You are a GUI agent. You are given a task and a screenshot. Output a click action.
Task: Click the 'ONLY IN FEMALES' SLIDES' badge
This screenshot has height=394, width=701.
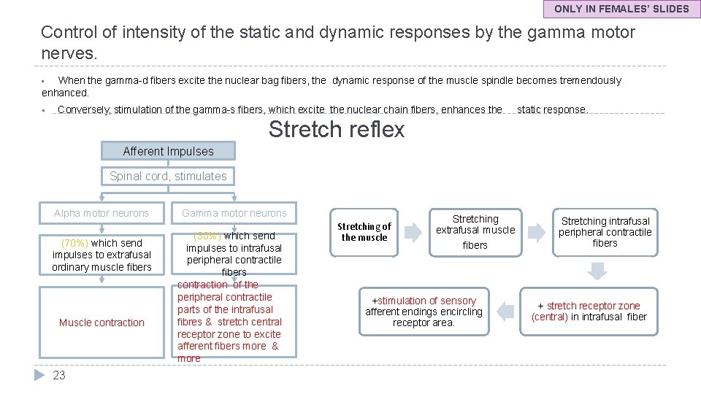point(621,9)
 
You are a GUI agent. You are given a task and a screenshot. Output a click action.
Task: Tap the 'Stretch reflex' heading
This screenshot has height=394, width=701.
point(336,129)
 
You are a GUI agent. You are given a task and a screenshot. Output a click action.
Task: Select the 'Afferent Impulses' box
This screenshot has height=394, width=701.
point(168,151)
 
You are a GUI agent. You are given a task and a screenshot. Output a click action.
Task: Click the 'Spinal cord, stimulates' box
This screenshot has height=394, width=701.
point(168,176)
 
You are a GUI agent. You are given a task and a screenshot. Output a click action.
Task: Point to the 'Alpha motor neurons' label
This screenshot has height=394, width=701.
point(101,213)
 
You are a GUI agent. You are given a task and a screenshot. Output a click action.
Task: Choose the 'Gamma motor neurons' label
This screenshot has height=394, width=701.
point(234,213)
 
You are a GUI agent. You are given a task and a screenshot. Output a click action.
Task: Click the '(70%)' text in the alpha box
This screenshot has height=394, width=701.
point(74,242)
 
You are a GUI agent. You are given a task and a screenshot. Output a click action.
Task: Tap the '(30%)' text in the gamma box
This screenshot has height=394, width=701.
point(207,236)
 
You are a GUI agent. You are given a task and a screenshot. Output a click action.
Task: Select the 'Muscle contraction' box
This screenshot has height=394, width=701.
point(101,322)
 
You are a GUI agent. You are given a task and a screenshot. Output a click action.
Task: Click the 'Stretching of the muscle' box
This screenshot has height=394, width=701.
point(364,232)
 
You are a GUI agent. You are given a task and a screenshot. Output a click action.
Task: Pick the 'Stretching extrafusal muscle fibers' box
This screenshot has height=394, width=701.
point(475,232)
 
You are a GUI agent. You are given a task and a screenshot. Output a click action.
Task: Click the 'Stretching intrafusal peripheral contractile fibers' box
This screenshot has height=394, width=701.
point(605,232)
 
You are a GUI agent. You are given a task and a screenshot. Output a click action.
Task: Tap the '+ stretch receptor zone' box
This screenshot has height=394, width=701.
point(589,311)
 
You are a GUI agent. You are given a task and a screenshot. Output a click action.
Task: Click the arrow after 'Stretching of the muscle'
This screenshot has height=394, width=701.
point(413,233)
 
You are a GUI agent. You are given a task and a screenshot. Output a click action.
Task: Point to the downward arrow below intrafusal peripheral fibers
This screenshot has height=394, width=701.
point(597,271)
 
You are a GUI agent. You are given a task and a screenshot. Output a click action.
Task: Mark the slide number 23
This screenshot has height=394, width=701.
point(59,375)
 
